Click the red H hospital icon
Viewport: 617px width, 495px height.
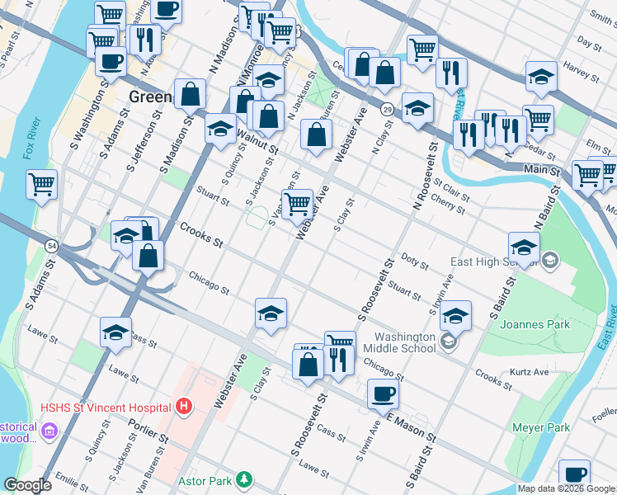click(184, 407)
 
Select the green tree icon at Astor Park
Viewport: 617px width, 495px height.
click(243, 479)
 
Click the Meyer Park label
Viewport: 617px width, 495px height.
click(540, 427)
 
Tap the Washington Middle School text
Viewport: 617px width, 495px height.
click(404, 342)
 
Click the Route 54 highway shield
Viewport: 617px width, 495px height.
click(52, 247)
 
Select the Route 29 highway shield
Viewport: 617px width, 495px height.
click(386, 109)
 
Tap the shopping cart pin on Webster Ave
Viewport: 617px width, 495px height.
click(296, 203)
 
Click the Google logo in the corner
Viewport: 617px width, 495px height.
click(27, 485)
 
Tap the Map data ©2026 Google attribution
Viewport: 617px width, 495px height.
click(566, 488)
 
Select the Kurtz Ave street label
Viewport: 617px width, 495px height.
click(530, 372)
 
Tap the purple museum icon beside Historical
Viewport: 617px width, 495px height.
click(49, 431)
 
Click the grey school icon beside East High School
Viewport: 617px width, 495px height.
click(551, 262)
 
